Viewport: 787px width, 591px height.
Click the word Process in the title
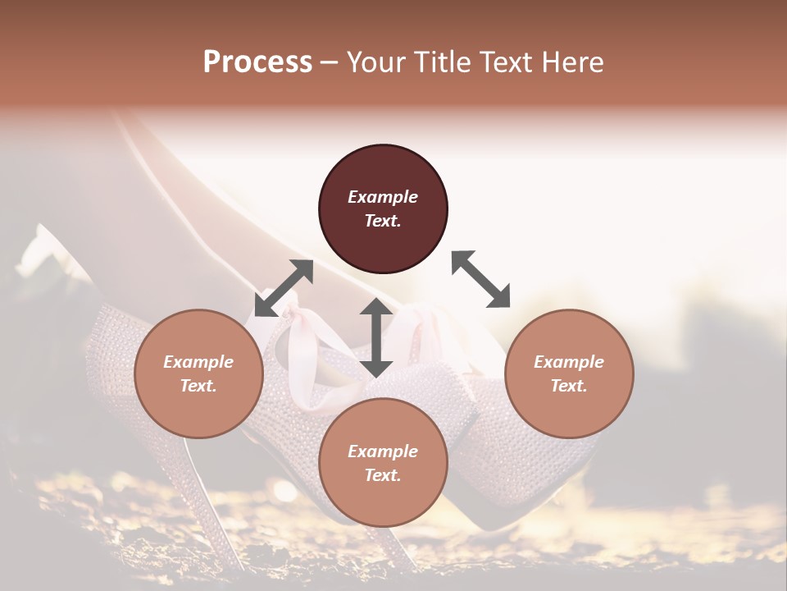[x=257, y=62]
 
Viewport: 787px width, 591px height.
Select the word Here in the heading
[x=572, y=62]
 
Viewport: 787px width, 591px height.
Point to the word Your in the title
[x=375, y=62]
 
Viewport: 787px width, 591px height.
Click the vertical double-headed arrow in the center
[x=376, y=337]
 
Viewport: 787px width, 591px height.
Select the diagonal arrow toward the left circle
[x=284, y=288]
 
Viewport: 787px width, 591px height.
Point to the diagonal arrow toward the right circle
[x=480, y=279]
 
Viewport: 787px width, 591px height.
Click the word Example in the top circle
[x=383, y=197]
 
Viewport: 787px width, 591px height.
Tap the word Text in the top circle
[x=383, y=221]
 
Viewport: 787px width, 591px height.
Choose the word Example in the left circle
[x=198, y=362]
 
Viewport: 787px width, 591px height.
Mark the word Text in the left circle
[x=198, y=386]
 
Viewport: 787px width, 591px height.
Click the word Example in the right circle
[x=569, y=362]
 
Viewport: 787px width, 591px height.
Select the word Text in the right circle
[x=569, y=386]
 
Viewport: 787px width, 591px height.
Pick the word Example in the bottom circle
[x=383, y=451]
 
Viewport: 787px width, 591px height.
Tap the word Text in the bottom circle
[x=383, y=475]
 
